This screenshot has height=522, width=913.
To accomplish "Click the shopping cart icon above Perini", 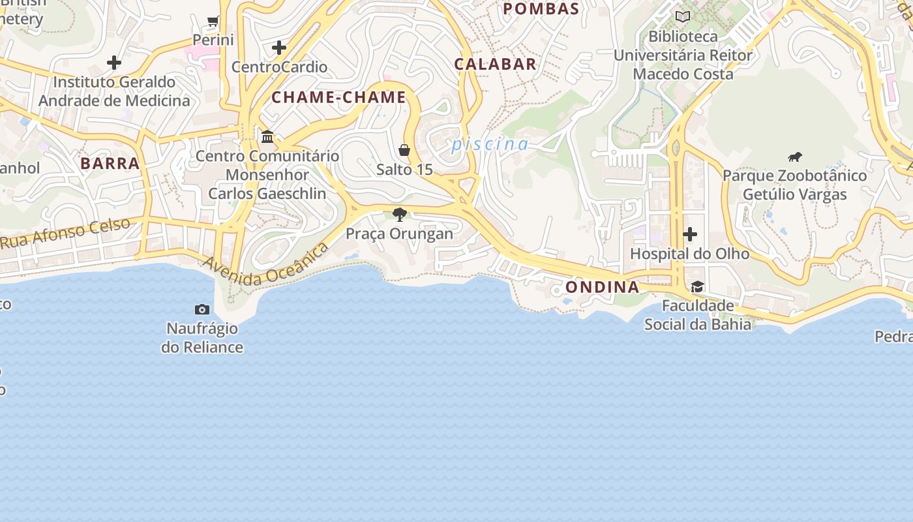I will click(213, 22).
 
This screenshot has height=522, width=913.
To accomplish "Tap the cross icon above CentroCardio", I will click(279, 48).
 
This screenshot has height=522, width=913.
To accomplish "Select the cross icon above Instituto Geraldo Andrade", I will click(114, 63).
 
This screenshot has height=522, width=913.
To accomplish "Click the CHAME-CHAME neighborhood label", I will click(338, 98).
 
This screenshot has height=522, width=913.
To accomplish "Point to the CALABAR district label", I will click(495, 64).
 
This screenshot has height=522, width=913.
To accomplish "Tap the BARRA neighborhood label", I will click(110, 163).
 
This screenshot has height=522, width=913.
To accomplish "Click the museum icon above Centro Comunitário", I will click(267, 137).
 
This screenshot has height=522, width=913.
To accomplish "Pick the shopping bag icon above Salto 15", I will click(404, 151).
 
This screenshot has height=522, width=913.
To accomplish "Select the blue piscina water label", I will click(490, 144).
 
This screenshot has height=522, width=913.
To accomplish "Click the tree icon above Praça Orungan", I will click(400, 215).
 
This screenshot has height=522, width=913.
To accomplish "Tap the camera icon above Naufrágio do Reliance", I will click(202, 309).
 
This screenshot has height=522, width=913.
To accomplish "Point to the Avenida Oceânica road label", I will click(265, 265).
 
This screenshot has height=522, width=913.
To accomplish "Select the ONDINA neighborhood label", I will click(602, 287).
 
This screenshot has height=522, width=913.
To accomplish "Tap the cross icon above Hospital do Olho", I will click(690, 234).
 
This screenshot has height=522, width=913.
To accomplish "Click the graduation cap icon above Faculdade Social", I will click(697, 287).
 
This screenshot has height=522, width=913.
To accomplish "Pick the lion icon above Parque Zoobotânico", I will click(794, 157).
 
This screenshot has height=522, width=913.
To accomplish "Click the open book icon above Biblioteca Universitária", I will click(683, 17).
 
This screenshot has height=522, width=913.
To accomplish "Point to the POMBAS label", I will click(541, 8).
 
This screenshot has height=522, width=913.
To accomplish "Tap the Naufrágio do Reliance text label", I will click(202, 337).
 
